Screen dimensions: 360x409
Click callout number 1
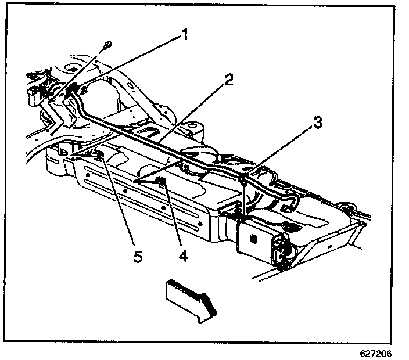(184, 35)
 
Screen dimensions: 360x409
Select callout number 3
(317, 123)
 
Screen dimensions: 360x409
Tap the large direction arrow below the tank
(189, 296)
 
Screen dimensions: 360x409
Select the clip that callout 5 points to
(99, 155)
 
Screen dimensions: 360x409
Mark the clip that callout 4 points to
(163, 183)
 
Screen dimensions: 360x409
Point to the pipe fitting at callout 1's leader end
(74, 88)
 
